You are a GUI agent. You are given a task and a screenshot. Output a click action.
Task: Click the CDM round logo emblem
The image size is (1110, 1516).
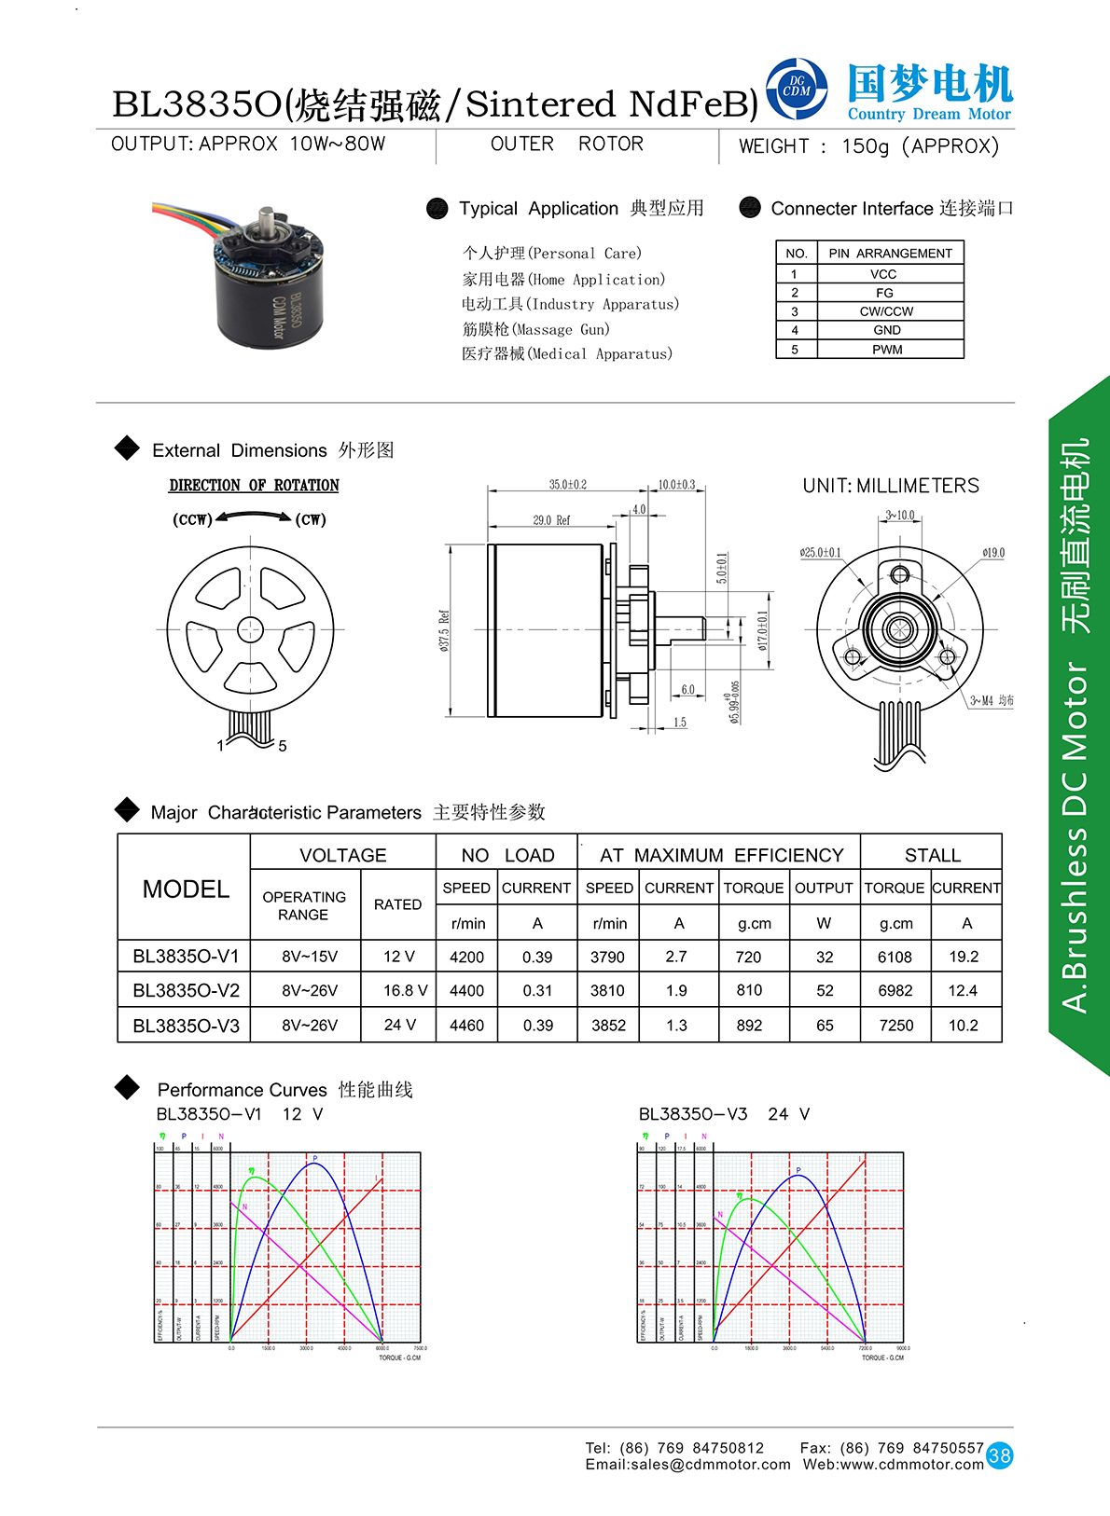[x=797, y=90]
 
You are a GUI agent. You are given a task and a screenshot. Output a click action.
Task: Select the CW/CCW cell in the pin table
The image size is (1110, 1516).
[x=886, y=311]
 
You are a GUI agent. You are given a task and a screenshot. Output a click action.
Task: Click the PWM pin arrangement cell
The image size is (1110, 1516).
[x=886, y=350]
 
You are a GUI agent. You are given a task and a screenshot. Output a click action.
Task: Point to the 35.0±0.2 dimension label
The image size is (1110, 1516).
[x=567, y=485]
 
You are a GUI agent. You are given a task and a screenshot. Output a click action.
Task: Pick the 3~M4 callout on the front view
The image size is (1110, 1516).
[x=991, y=700]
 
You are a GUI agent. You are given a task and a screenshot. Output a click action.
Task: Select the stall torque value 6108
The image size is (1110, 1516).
[x=895, y=957]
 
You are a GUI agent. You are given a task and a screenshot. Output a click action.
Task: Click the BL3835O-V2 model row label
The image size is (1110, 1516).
[x=186, y=990]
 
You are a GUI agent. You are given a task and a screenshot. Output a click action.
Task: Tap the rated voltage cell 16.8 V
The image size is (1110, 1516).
[x=405, y=990]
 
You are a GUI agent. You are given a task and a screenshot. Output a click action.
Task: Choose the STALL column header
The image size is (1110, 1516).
[x=932, y=855]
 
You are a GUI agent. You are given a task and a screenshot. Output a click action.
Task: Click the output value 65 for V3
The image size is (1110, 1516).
[x=825, y=1025]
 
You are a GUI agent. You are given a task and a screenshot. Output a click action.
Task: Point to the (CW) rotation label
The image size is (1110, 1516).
[x=311, y=519]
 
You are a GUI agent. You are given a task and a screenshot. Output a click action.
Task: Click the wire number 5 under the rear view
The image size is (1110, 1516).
[x=282, y=746]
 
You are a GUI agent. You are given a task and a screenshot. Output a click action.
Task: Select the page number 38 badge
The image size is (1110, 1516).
[x=999, y=1455]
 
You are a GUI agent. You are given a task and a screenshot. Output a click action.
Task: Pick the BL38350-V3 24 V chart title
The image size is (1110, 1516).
[x=724, y=1114]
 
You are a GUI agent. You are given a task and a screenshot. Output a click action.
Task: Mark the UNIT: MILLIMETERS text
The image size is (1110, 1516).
[x=891, y=486]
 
